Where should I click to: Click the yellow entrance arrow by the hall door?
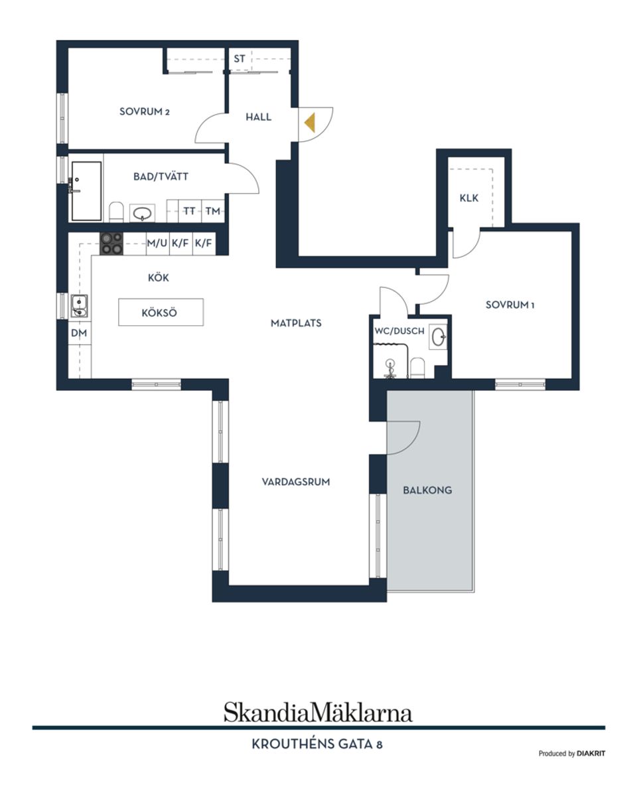tap(309, 123)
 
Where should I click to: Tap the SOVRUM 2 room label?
tap(145, 111)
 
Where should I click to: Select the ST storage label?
tap(240, 58)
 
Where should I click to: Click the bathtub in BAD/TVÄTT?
tap(86, 190)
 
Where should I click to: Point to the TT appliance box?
tap(190, 211)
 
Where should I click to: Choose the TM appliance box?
tap(212, 211)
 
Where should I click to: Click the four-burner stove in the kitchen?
tap(111, 243)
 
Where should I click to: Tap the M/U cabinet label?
tap(157, 244)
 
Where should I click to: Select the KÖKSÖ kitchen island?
tap(161, 313)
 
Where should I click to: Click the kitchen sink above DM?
tap(80, 306)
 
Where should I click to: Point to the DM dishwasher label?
tap(79, 333)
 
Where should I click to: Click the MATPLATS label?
tap(296, 323)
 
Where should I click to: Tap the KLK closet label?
tap(469, 198)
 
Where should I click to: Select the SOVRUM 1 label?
tap(510, 305)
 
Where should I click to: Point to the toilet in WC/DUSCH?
tap(417, 367)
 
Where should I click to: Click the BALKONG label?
tap(427, 490)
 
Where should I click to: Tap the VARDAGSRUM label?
tap(296, 482)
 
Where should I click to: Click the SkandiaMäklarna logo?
tap(318, 712)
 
